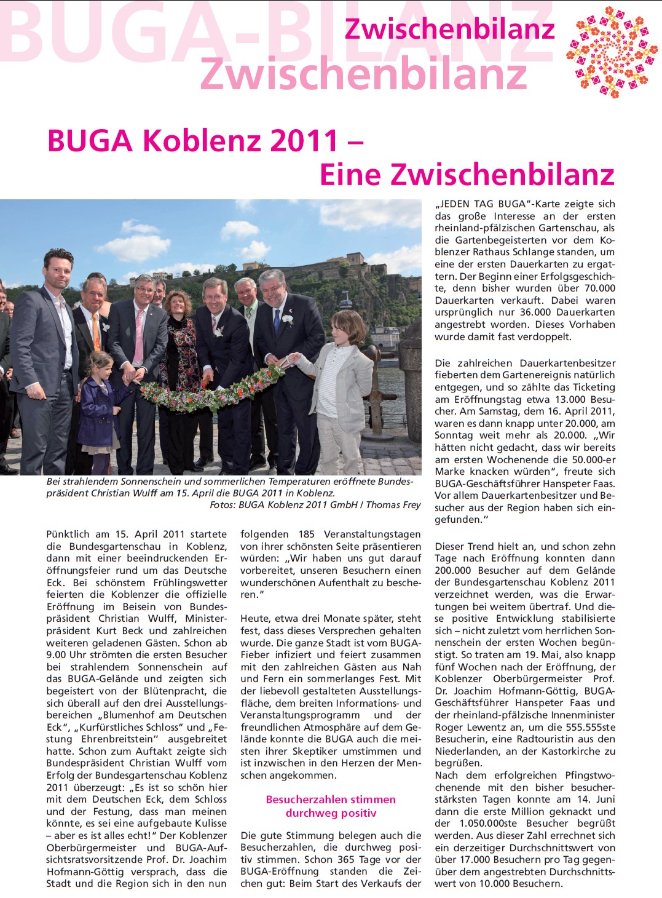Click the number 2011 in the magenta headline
(x=304, y=141)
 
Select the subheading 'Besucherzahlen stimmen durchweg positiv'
(x=331, y=806)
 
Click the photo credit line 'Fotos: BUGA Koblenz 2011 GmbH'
(x=315, y=504)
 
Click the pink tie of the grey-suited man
(x=139, y=336)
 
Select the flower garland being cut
(x=212, y=394)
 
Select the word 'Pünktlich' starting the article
(x=68, y=534)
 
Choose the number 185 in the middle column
(x=306, y=534)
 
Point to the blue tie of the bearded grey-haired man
(x=277, y=320)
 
